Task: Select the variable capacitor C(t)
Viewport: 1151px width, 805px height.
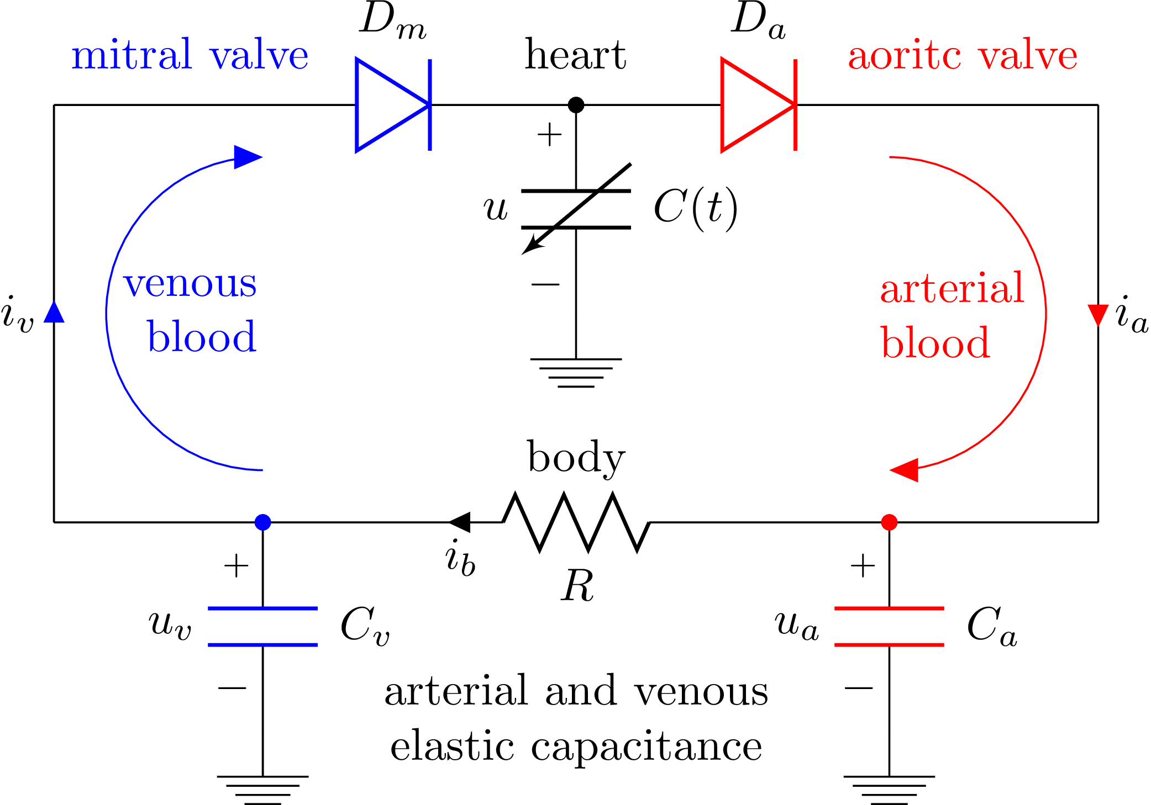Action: click(576, 209)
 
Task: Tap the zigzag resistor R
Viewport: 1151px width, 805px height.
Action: click(576, 522)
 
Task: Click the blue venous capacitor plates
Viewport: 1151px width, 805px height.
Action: click(262, 626)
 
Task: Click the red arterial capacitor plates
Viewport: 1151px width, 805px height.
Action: click(889, 626)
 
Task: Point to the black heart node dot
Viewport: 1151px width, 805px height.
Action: click(576, 104)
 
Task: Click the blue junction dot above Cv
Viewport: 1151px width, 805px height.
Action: click(262, 522)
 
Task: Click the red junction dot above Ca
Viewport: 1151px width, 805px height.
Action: click(889, 522)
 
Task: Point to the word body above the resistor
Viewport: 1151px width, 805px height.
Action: click(576, 457)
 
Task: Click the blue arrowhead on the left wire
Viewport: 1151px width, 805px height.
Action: click(54, 312)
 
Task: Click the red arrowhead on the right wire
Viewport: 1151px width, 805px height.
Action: click(1097, 315)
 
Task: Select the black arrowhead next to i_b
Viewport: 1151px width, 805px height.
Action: click(460, 522)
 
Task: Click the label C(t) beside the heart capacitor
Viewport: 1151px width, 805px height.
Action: click(695, 208)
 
